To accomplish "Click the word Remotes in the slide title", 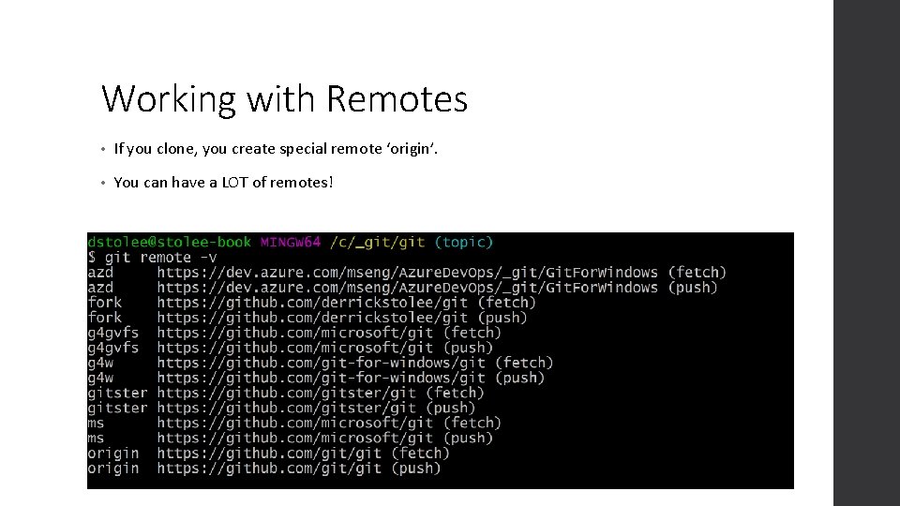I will pos(397,98).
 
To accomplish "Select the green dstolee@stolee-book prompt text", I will pos(169,242).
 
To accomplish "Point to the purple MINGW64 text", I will pos(291,242).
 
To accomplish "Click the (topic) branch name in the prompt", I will pos(463,242).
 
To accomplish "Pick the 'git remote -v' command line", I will pos(152,257).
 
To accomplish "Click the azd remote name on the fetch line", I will pos(100,273).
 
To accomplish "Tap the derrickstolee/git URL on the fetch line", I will pos(312,303).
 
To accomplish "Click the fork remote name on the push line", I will pos(105,318).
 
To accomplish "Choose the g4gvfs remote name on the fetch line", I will pos(113,333).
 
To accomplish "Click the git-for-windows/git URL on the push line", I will pos(321,378).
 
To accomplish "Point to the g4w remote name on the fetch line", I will pos(100,363).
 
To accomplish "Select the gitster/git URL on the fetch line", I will pos(286,393).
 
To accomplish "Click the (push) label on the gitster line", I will pos(450,408).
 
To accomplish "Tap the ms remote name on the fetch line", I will pos(97,423).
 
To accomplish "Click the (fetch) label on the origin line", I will pos(420,453).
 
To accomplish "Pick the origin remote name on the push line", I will pos(113,468).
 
